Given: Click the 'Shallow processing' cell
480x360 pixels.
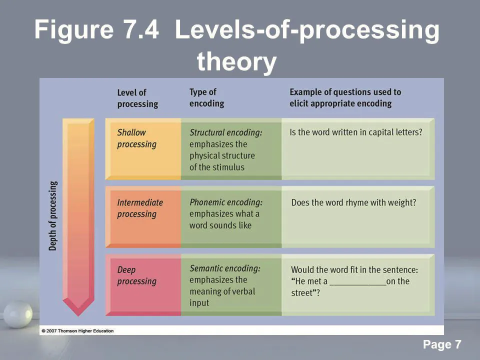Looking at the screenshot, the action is pyautogui.click(x=143, y=149).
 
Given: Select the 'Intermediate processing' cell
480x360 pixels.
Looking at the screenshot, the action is pyautogui.click(x=143, y=216).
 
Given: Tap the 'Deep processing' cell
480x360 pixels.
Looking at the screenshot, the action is pyautogui.click(x=143, y=284).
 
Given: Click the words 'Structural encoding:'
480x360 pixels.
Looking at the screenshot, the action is pyautogui.click(x=226, y=132).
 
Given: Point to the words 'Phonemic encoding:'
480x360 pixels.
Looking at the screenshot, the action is pyautogui.click(x=226, y=202).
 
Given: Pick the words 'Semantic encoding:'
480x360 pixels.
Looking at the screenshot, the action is pyautogui.click(x=225, y=268).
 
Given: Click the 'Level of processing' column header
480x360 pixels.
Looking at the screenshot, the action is pyautogui.click(x=138, y=98).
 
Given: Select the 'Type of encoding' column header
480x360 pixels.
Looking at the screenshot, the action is pyautogui.click(x=206, y=97).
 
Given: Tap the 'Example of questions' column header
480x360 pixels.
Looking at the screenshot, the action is pyautogui.click(x=345, y=97).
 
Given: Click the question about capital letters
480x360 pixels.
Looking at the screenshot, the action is pyautogui.click(x=356, y=132).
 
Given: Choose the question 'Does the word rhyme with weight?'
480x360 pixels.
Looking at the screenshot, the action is pyautogui.click(x=353, y=202).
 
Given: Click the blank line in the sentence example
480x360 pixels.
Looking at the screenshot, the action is pyautogui.click(x=358, y=285).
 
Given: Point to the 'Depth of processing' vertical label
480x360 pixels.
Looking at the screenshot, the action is pyautogui.click(x=53, y=216).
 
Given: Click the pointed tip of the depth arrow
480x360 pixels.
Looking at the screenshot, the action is pyautogui.click(x=78, y=315).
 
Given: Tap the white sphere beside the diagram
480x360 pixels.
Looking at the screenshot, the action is pyautogui.click(x=18, y=314).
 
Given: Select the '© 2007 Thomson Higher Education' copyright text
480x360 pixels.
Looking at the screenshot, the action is pyautogui.click(x=77, y=331).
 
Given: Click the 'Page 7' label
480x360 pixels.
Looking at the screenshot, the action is pyautogui.click(x=442, y=344).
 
